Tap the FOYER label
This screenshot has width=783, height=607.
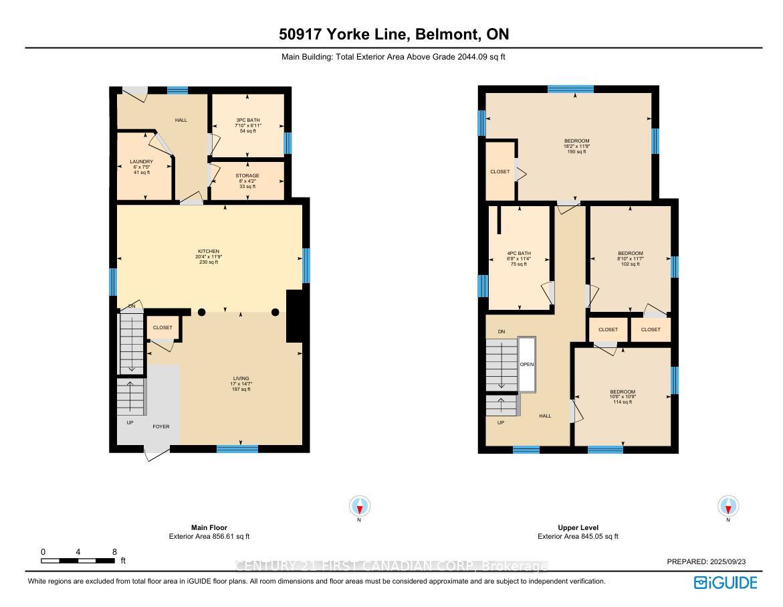click(160, 426)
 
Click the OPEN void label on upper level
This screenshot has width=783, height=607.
click(527, 365)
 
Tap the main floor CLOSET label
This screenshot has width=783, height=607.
click(162, 328)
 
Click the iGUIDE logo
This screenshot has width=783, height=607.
click(725, 582)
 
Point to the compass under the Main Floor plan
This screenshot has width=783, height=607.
click(360, 506)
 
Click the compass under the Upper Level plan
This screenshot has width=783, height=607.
click(728, 506)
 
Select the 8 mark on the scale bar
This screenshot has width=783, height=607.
click(114, 552)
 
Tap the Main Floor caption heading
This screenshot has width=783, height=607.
click(209, 527)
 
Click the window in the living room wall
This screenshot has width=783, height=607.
click(237, 449)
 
